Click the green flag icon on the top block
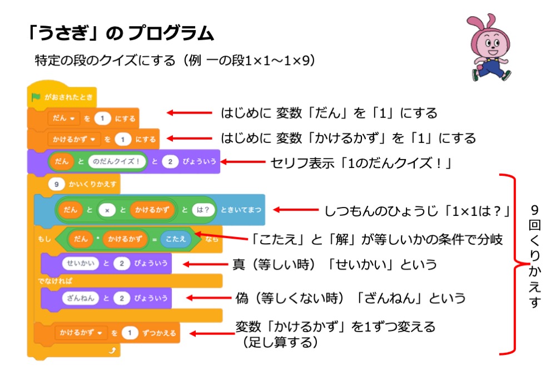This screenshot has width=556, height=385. coord(36,97)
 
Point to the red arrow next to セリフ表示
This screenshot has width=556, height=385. coord(244,162)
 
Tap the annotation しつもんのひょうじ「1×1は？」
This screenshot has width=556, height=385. coord(417,211)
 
